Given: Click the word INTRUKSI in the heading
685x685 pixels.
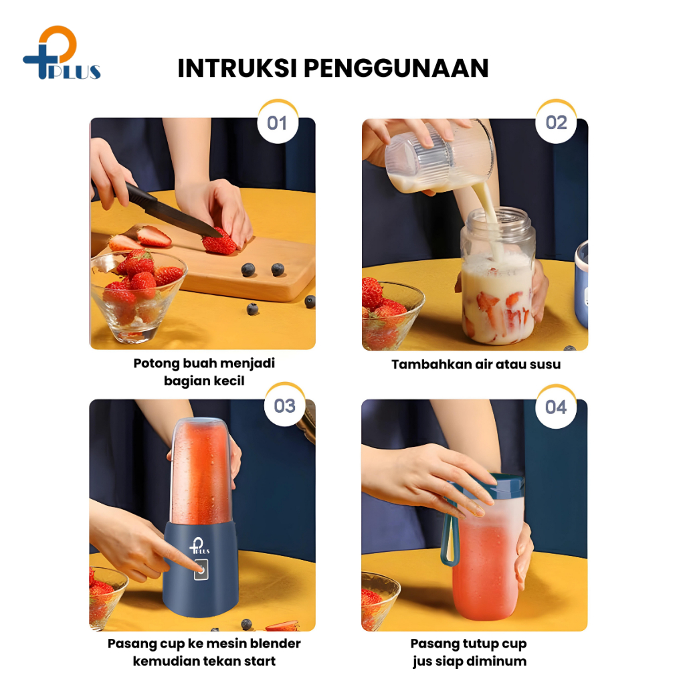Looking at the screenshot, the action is pyautogui.click(x=237, y=68).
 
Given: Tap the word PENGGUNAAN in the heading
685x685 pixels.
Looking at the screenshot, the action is pyautogui.click(x=396, y=68).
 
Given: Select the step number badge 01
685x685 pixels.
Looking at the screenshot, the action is pyautogui.click(x=278, y=123).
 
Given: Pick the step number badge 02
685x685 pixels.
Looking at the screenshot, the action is pyautogui.click(x=556, y=122).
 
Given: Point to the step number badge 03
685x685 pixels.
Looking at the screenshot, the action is pyautogui.click(x=285, y=406).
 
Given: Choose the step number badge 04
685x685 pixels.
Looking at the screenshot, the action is pyautogui.click(x=556, y=407).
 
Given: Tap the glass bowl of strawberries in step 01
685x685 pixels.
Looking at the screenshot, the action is pyautogui.click(x=138, y=295).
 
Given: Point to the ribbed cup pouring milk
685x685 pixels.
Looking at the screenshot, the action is pyautogui.click(x=439, y=157).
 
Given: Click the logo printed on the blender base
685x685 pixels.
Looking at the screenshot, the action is pyautogui.click(x=199, y=546).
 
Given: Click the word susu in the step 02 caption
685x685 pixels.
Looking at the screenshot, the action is pyautogui.click(x=545, y=365).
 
